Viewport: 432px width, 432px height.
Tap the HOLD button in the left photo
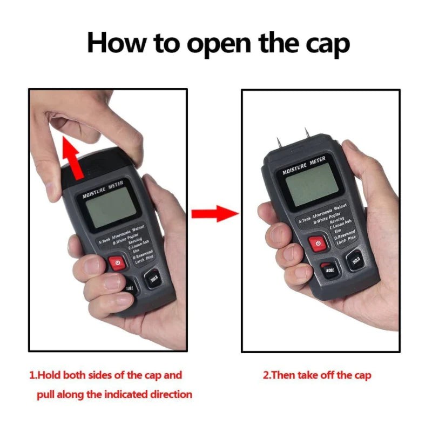coord(153,279)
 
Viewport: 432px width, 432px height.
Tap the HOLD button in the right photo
coord(355,260)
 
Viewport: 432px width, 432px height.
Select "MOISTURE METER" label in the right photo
coord(304,165)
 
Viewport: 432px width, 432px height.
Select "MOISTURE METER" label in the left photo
coord(103,190)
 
